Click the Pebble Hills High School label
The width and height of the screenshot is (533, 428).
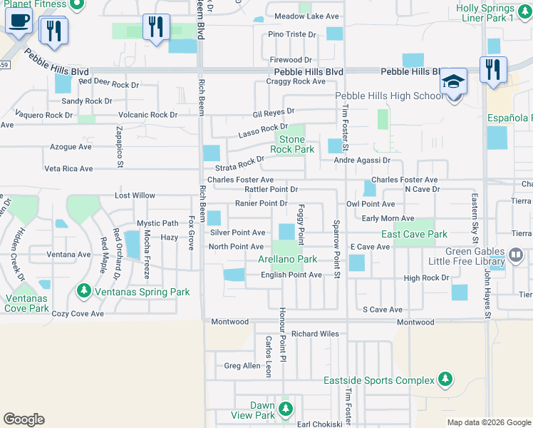[x=388, y=96]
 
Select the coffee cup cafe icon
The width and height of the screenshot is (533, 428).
[x=18, y=21]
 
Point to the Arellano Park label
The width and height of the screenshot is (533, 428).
[x=287, y=260]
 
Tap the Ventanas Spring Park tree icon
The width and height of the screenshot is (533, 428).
[x=84, y=291]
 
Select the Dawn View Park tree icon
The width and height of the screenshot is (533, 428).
[x=286, y=409]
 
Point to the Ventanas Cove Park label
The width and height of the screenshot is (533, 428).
[x=26, y=303]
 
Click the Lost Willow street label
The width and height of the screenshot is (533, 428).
[x=135, y=195]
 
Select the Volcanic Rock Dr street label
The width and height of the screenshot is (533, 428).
[x=148, y=115]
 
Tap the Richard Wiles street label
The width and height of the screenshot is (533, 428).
[x=314, y=334]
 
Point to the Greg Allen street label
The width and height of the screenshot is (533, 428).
[x=242, y=366]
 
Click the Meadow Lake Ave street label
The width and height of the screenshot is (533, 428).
[x=306, y=16]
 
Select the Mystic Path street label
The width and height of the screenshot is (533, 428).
[x=157, y=223]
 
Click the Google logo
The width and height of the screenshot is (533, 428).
[x=24, y=419]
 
